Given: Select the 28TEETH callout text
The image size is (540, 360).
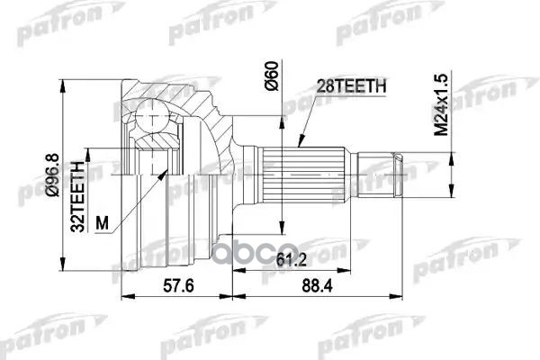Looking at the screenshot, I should pyautogui.click(x=352, y=85).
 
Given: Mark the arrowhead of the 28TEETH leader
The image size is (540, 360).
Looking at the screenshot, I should pyautogui.click(x=298, y=142).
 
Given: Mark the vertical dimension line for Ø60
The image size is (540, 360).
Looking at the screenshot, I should pyautogui.click(x=282, y=180).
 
